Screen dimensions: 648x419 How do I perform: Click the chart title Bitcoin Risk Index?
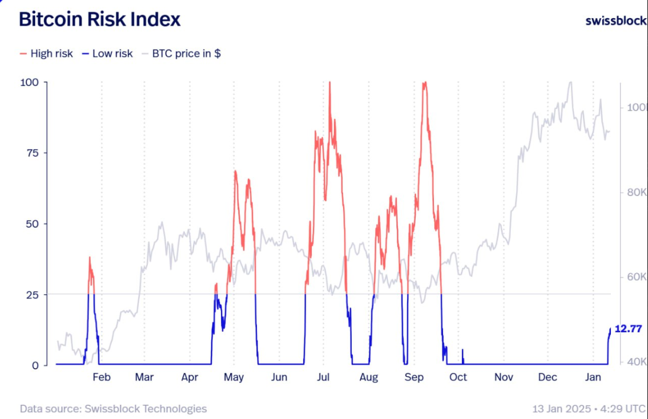click(99, 19)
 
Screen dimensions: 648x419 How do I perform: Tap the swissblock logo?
click(616, 21)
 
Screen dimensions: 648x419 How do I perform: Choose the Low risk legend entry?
click(107, 54)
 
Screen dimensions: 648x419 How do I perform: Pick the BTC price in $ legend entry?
click(182, 54)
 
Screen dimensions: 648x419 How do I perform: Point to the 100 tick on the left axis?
click(29, 82)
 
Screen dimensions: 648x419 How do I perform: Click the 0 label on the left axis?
click(35, 365)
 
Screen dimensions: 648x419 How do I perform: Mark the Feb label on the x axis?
click(102, 377)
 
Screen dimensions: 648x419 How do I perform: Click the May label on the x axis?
click(234, 377)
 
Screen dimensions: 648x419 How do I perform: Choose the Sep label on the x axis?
click(414, 377)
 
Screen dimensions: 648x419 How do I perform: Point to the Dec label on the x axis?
click(548, 377)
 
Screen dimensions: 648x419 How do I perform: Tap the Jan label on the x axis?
click(593, 377)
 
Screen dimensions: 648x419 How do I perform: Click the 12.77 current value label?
click(628, 329)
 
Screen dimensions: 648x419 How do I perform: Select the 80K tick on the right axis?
click(634, 192)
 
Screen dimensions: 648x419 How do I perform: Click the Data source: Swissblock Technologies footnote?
click(113, 409)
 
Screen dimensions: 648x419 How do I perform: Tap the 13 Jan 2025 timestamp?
click(562, 409)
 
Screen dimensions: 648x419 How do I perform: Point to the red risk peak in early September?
click(424, 83)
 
